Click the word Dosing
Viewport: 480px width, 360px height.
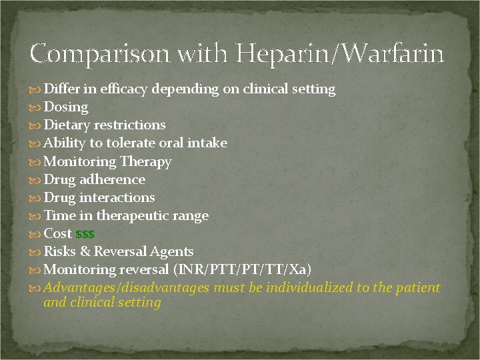[x=66, y=107]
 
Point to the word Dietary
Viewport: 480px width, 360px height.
[x=67, y=125]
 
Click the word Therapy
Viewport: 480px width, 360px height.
[x=145, y=161]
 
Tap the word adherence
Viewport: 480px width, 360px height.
[x=112, y=179]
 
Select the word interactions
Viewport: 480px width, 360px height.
[x=117, y=197]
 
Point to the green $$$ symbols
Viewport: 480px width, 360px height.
[x=85, y=235]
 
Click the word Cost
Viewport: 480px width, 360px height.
[x=57, y=233]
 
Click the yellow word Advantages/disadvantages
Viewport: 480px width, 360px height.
[x=127, y=287]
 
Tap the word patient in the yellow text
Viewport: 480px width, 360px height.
[x=419, y=287]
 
